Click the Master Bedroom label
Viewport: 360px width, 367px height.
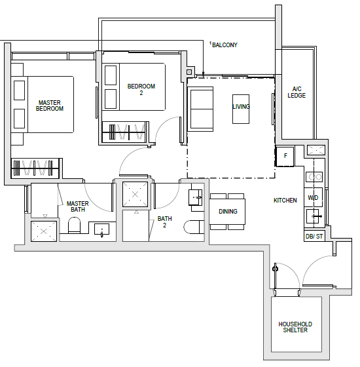(x=49, y=106)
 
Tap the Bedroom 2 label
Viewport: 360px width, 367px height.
(x=141, y=89)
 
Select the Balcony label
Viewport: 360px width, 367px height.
(x=225, y=45)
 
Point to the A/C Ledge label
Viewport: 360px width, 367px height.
(x=297, y=92)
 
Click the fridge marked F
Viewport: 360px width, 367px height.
(x=285, y=156)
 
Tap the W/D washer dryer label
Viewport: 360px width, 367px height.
(x=313, y=198)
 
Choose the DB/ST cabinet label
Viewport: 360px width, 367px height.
(x=314, y=237)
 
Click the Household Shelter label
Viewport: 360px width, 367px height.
(x=295, y=327)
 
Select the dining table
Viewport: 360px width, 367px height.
(x=227, y=212)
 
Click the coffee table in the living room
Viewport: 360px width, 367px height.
(x=241, y=109)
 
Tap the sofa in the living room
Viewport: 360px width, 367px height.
(x=200, y=109)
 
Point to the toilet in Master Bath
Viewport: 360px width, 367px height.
(x=74, y=225)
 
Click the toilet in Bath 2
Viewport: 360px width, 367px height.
(x=194, y=227)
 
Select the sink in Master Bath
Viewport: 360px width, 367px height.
(x=101, y=229)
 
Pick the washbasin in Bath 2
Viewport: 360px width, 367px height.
(x=196, y=198)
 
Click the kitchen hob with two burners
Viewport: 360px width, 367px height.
(x=314, y=177)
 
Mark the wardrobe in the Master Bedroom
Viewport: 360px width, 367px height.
(x=35, y=168)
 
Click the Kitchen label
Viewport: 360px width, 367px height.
(x=285, y=201)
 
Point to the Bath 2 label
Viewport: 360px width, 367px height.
(x=165, y=222)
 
